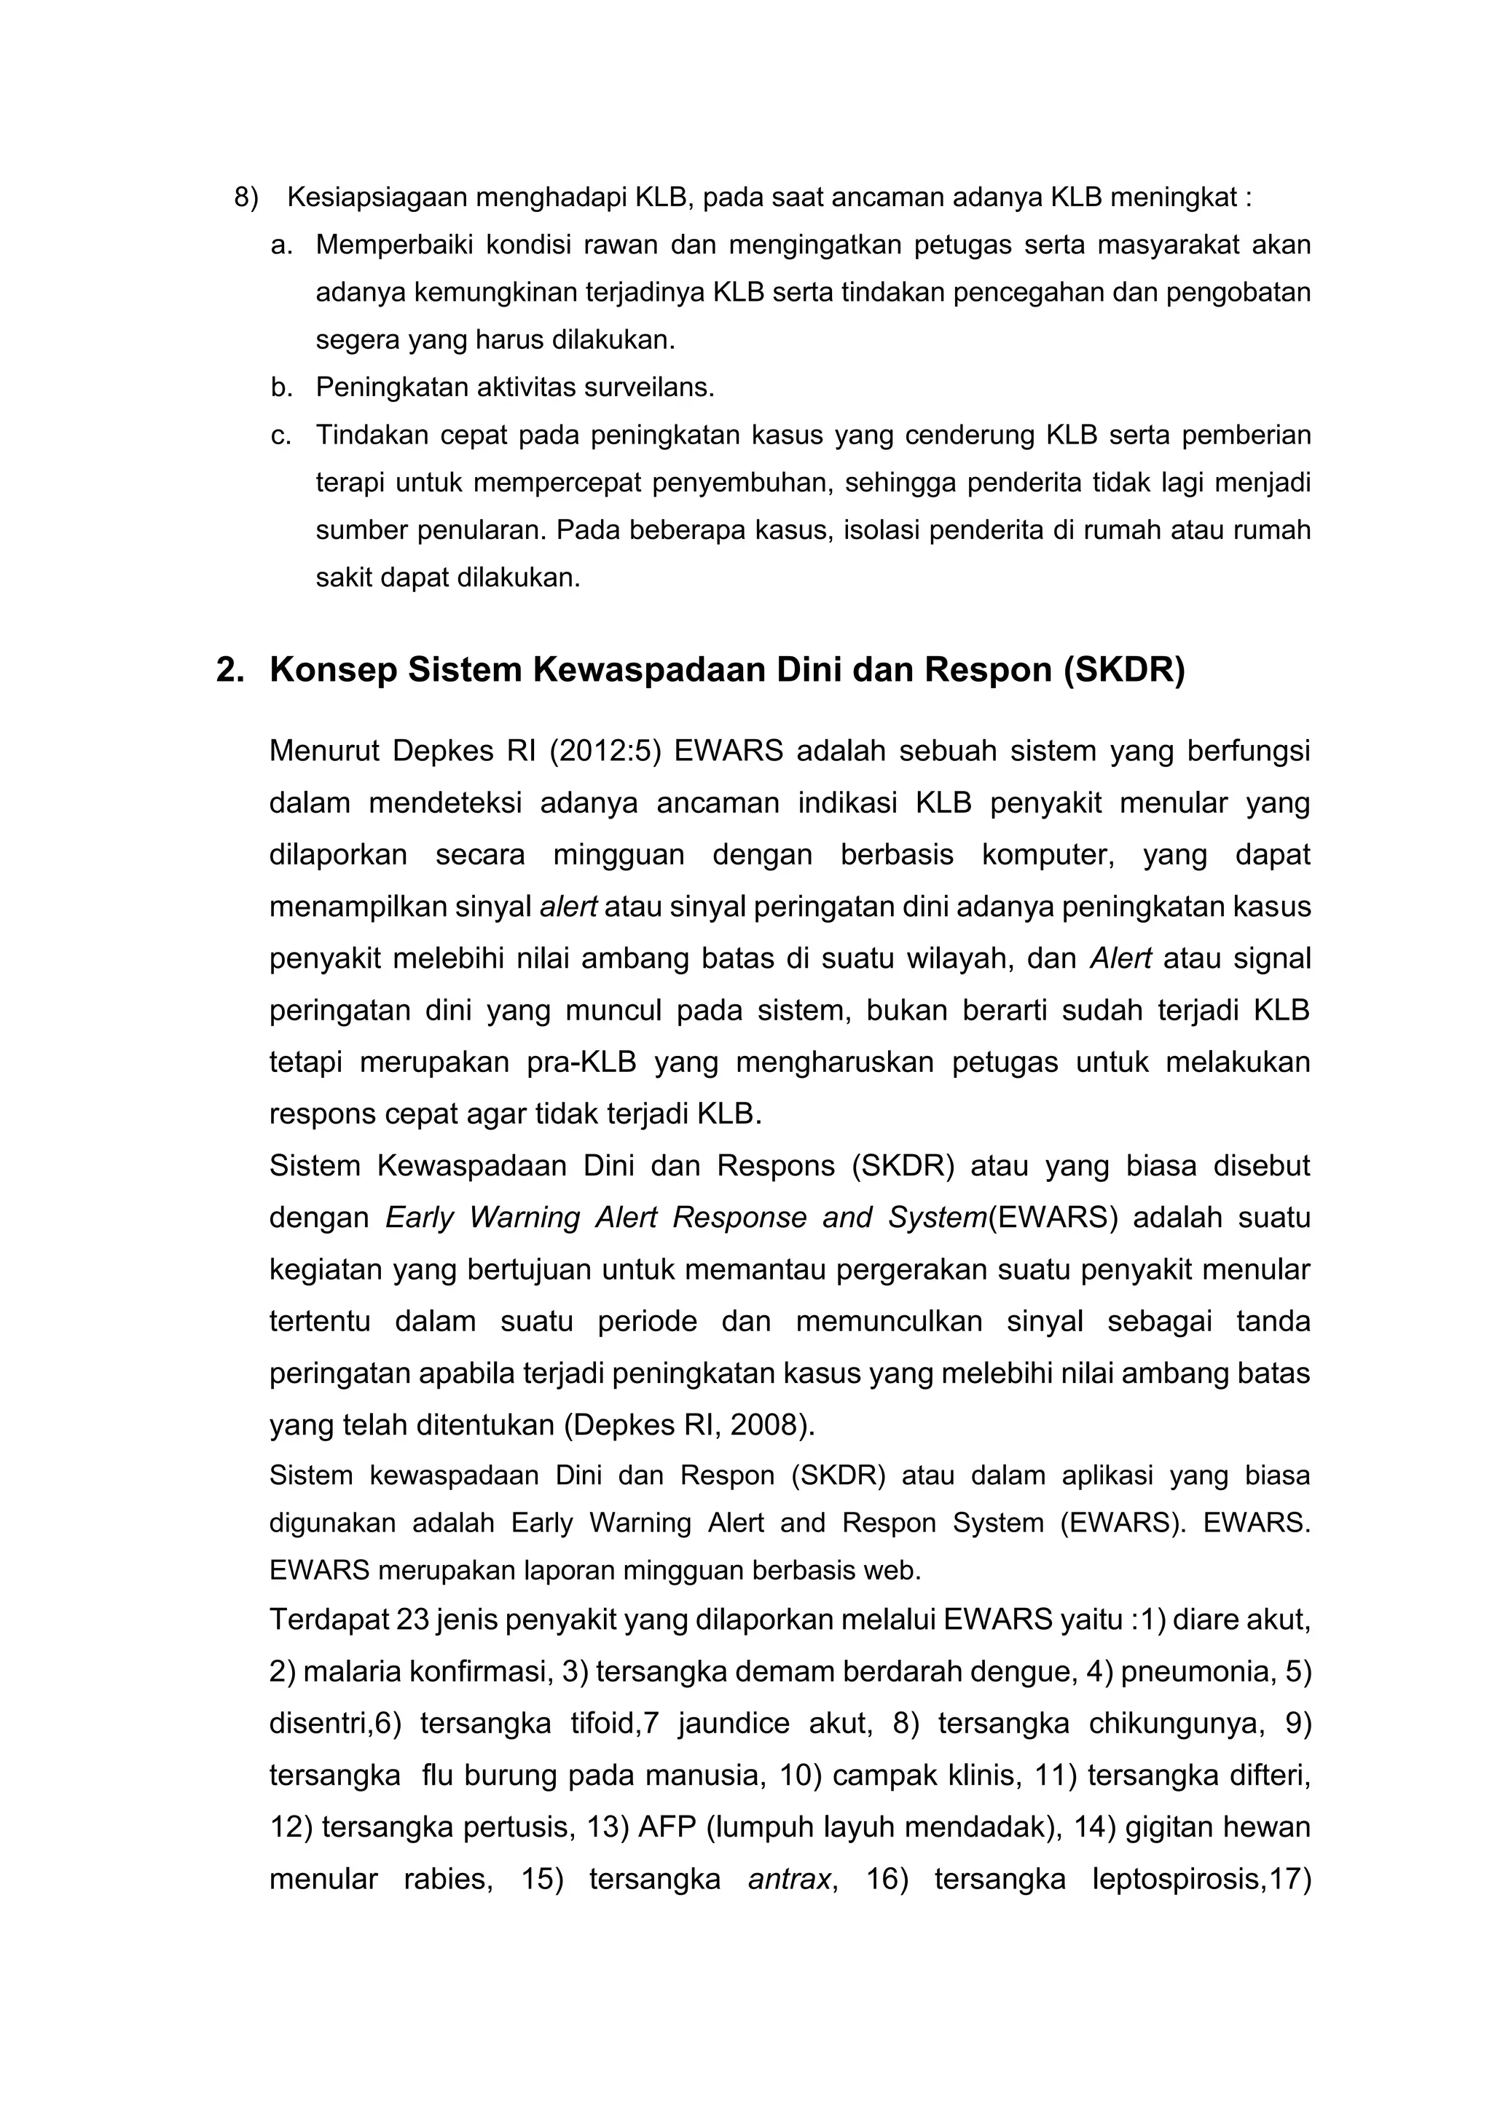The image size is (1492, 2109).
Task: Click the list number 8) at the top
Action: [x=246, y=197]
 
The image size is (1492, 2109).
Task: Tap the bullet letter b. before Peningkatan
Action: [x=281, y=387]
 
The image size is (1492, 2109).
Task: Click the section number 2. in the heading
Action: [x=229, y=671]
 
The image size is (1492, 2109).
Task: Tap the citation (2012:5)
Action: [x=605, y=752]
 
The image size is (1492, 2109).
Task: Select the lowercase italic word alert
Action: [x=568, y=907]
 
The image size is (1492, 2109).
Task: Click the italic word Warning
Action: [x=525, y=1218]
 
